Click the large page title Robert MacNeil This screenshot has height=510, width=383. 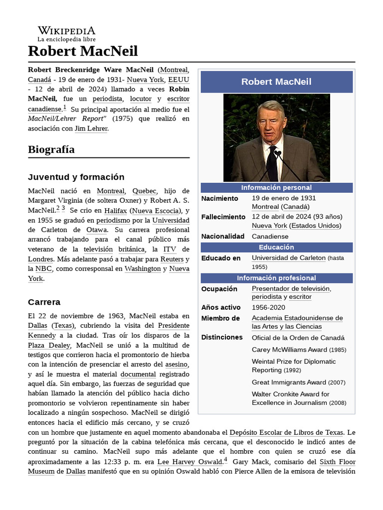[83, 51]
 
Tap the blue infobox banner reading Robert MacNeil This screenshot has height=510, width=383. [276, 82]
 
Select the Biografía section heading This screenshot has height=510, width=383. [51, 149]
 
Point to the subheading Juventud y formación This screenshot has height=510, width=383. [76, 177]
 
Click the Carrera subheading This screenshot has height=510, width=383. [44, 302]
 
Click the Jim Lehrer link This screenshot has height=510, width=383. [91, 128]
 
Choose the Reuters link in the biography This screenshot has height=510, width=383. [172, 259]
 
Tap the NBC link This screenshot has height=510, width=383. [43, 269]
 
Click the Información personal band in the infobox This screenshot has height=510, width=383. [276, 188]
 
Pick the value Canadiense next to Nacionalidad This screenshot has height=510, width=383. [270, 237]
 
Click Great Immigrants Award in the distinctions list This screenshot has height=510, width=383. [289, 382]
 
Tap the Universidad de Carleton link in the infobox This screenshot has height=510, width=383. [289, 258]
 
